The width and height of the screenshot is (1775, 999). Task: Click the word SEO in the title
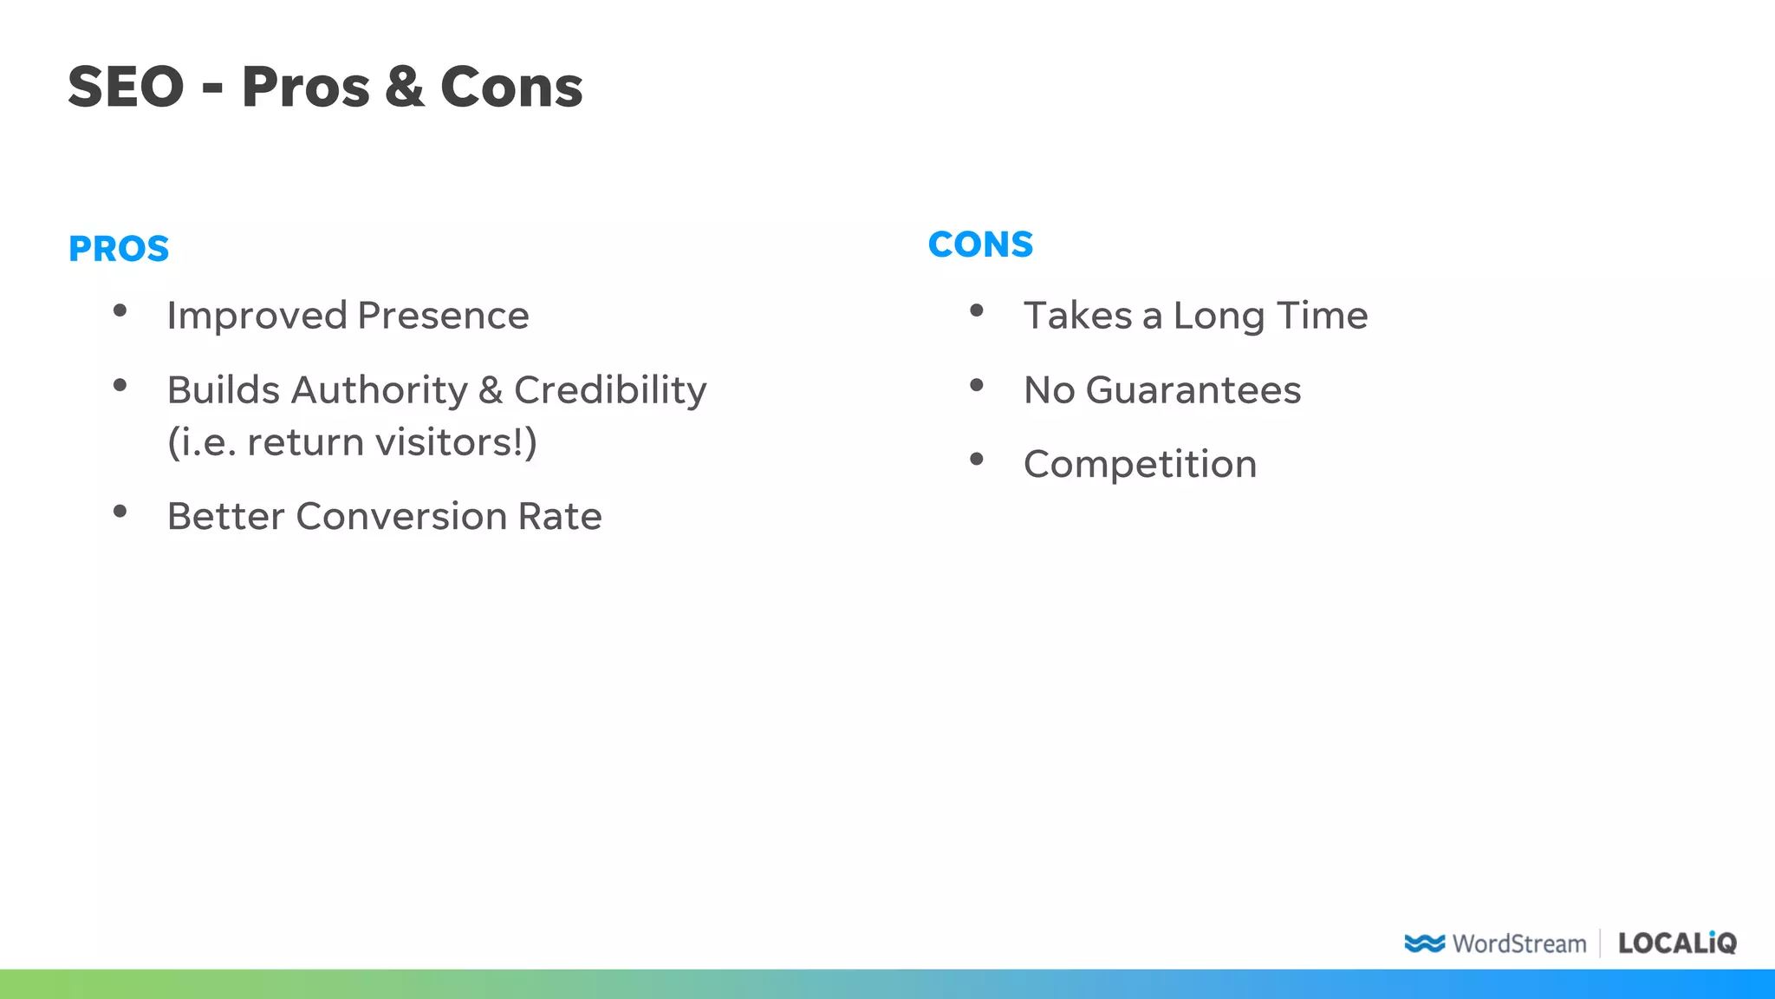click(126, 88)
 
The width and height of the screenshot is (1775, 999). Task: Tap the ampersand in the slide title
click(405, 88)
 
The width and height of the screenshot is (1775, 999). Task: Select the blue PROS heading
click(119, 249)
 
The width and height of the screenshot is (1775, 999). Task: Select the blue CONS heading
click(980, 245)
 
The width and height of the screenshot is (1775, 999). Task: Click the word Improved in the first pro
click(257, 316)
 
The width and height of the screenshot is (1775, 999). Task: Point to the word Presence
click(443, 316)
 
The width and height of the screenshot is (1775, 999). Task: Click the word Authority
click(380, 390)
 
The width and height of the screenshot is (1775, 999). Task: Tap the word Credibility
click(610, 390)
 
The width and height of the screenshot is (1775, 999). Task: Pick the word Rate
click(560, 517)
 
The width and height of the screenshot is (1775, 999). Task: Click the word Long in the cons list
click(1218, 317)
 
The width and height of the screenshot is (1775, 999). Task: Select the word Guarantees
click(1193, 390)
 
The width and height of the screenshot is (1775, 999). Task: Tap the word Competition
click(1140, 465)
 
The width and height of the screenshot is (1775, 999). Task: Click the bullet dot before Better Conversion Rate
click(120, 511)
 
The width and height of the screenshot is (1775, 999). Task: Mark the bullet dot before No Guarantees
click(977, 385)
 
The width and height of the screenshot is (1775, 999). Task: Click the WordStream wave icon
click(1424, 943)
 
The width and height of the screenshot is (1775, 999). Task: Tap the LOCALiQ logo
click(1677, 943)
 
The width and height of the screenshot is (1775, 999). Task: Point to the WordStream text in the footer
click(1519, 943)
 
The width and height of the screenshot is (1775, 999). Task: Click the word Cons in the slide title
click(511, 88)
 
